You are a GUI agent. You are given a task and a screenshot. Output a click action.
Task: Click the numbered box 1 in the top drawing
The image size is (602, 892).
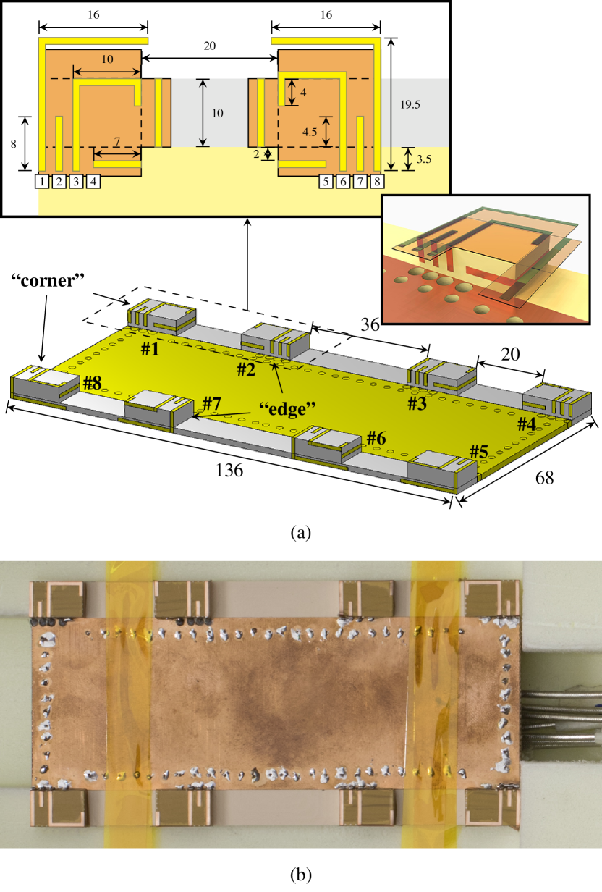coord(42,182)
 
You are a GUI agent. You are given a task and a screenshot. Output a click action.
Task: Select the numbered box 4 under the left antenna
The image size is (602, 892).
coord(93,182)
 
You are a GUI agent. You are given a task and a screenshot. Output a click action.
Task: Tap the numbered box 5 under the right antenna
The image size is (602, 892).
coord(326,182)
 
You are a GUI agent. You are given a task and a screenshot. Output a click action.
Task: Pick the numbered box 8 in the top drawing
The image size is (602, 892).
coord(377,182)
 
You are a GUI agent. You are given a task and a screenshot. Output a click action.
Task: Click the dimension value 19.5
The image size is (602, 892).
coord(410,105)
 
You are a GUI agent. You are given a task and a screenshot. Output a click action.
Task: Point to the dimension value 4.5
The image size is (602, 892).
coord(310,132)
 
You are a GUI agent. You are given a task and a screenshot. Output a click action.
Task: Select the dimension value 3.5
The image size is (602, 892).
coord(424,159)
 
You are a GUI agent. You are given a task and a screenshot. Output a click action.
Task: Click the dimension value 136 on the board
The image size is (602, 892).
coord(229,471)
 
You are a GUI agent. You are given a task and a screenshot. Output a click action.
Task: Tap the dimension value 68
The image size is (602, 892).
coord(544,478)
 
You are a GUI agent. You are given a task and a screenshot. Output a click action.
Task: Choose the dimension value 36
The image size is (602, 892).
coord(370,325)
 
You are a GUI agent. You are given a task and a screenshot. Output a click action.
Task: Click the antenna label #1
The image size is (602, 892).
coord(150,349)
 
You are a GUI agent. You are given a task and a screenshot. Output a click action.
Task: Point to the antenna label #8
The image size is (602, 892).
coord(93,383)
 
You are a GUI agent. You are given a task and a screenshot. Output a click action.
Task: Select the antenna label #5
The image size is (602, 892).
coord(479,452)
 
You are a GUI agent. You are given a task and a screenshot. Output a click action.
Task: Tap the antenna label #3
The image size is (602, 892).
coord(417,404)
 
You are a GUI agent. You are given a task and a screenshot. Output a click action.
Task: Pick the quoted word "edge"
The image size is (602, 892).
coord(287,408)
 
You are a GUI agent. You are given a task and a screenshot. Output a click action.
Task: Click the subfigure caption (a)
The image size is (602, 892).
coord(301,532)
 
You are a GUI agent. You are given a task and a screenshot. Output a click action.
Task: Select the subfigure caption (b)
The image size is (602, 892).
coord(301,875)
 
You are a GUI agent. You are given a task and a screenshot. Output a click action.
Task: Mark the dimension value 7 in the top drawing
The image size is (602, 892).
coord(117,141)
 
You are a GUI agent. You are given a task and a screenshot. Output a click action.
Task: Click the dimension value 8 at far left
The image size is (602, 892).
coord(14,144)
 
